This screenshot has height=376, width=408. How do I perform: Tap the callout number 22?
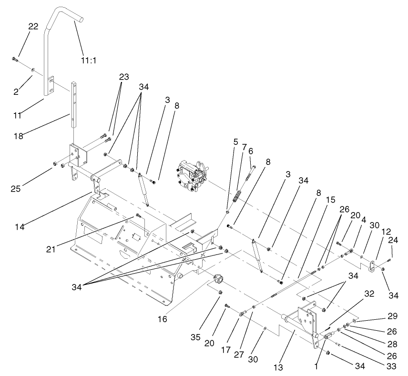click(33, 27)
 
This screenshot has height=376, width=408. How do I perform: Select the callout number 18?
click(19, 136)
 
